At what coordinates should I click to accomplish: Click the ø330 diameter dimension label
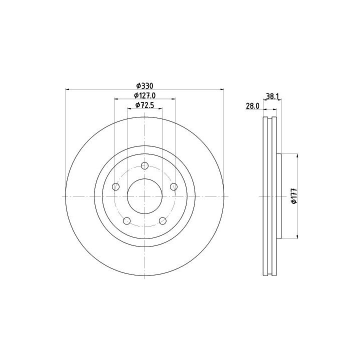click(144, 86)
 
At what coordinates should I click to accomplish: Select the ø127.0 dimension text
click(145, 95)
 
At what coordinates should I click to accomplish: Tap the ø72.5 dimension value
click(144, 105)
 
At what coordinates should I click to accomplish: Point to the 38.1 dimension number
click(272, 96)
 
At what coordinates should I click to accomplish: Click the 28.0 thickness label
click(252, 106)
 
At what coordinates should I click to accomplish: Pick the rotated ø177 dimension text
click(294, 196)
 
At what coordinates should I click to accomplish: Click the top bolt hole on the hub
click(144, 165)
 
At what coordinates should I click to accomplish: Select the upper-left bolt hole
click(116, 186)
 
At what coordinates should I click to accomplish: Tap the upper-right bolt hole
click(174, 186)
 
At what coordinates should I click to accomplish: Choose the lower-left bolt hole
click(126, 221)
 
